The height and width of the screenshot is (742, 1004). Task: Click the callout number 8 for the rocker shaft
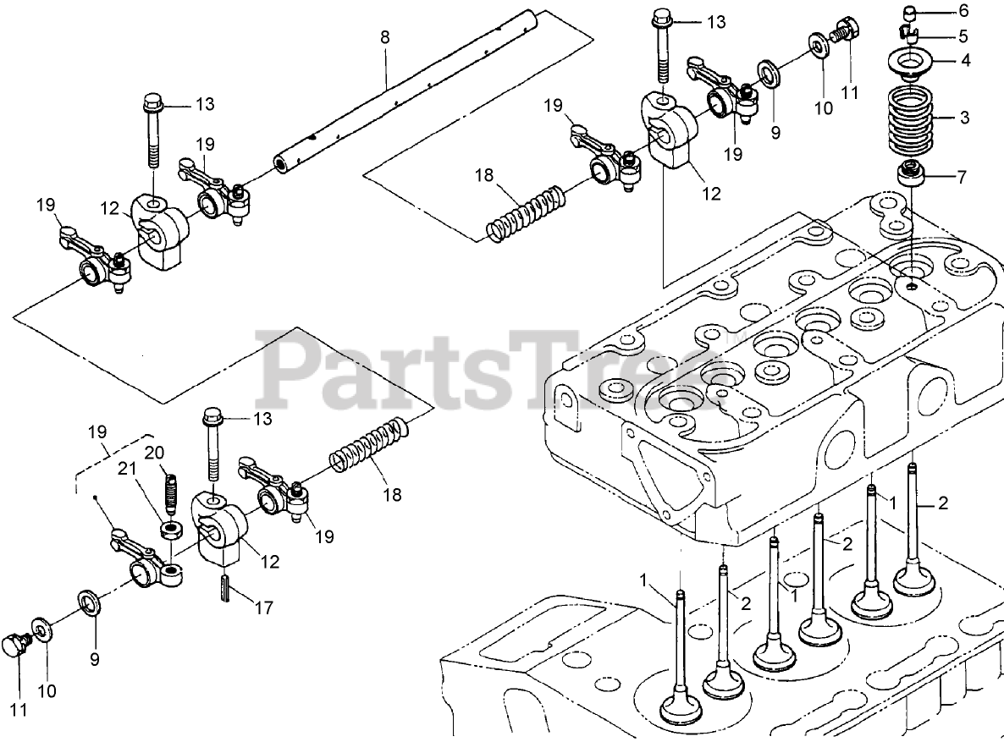point(385,36)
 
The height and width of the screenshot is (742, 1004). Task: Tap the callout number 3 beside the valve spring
point(963,117)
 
